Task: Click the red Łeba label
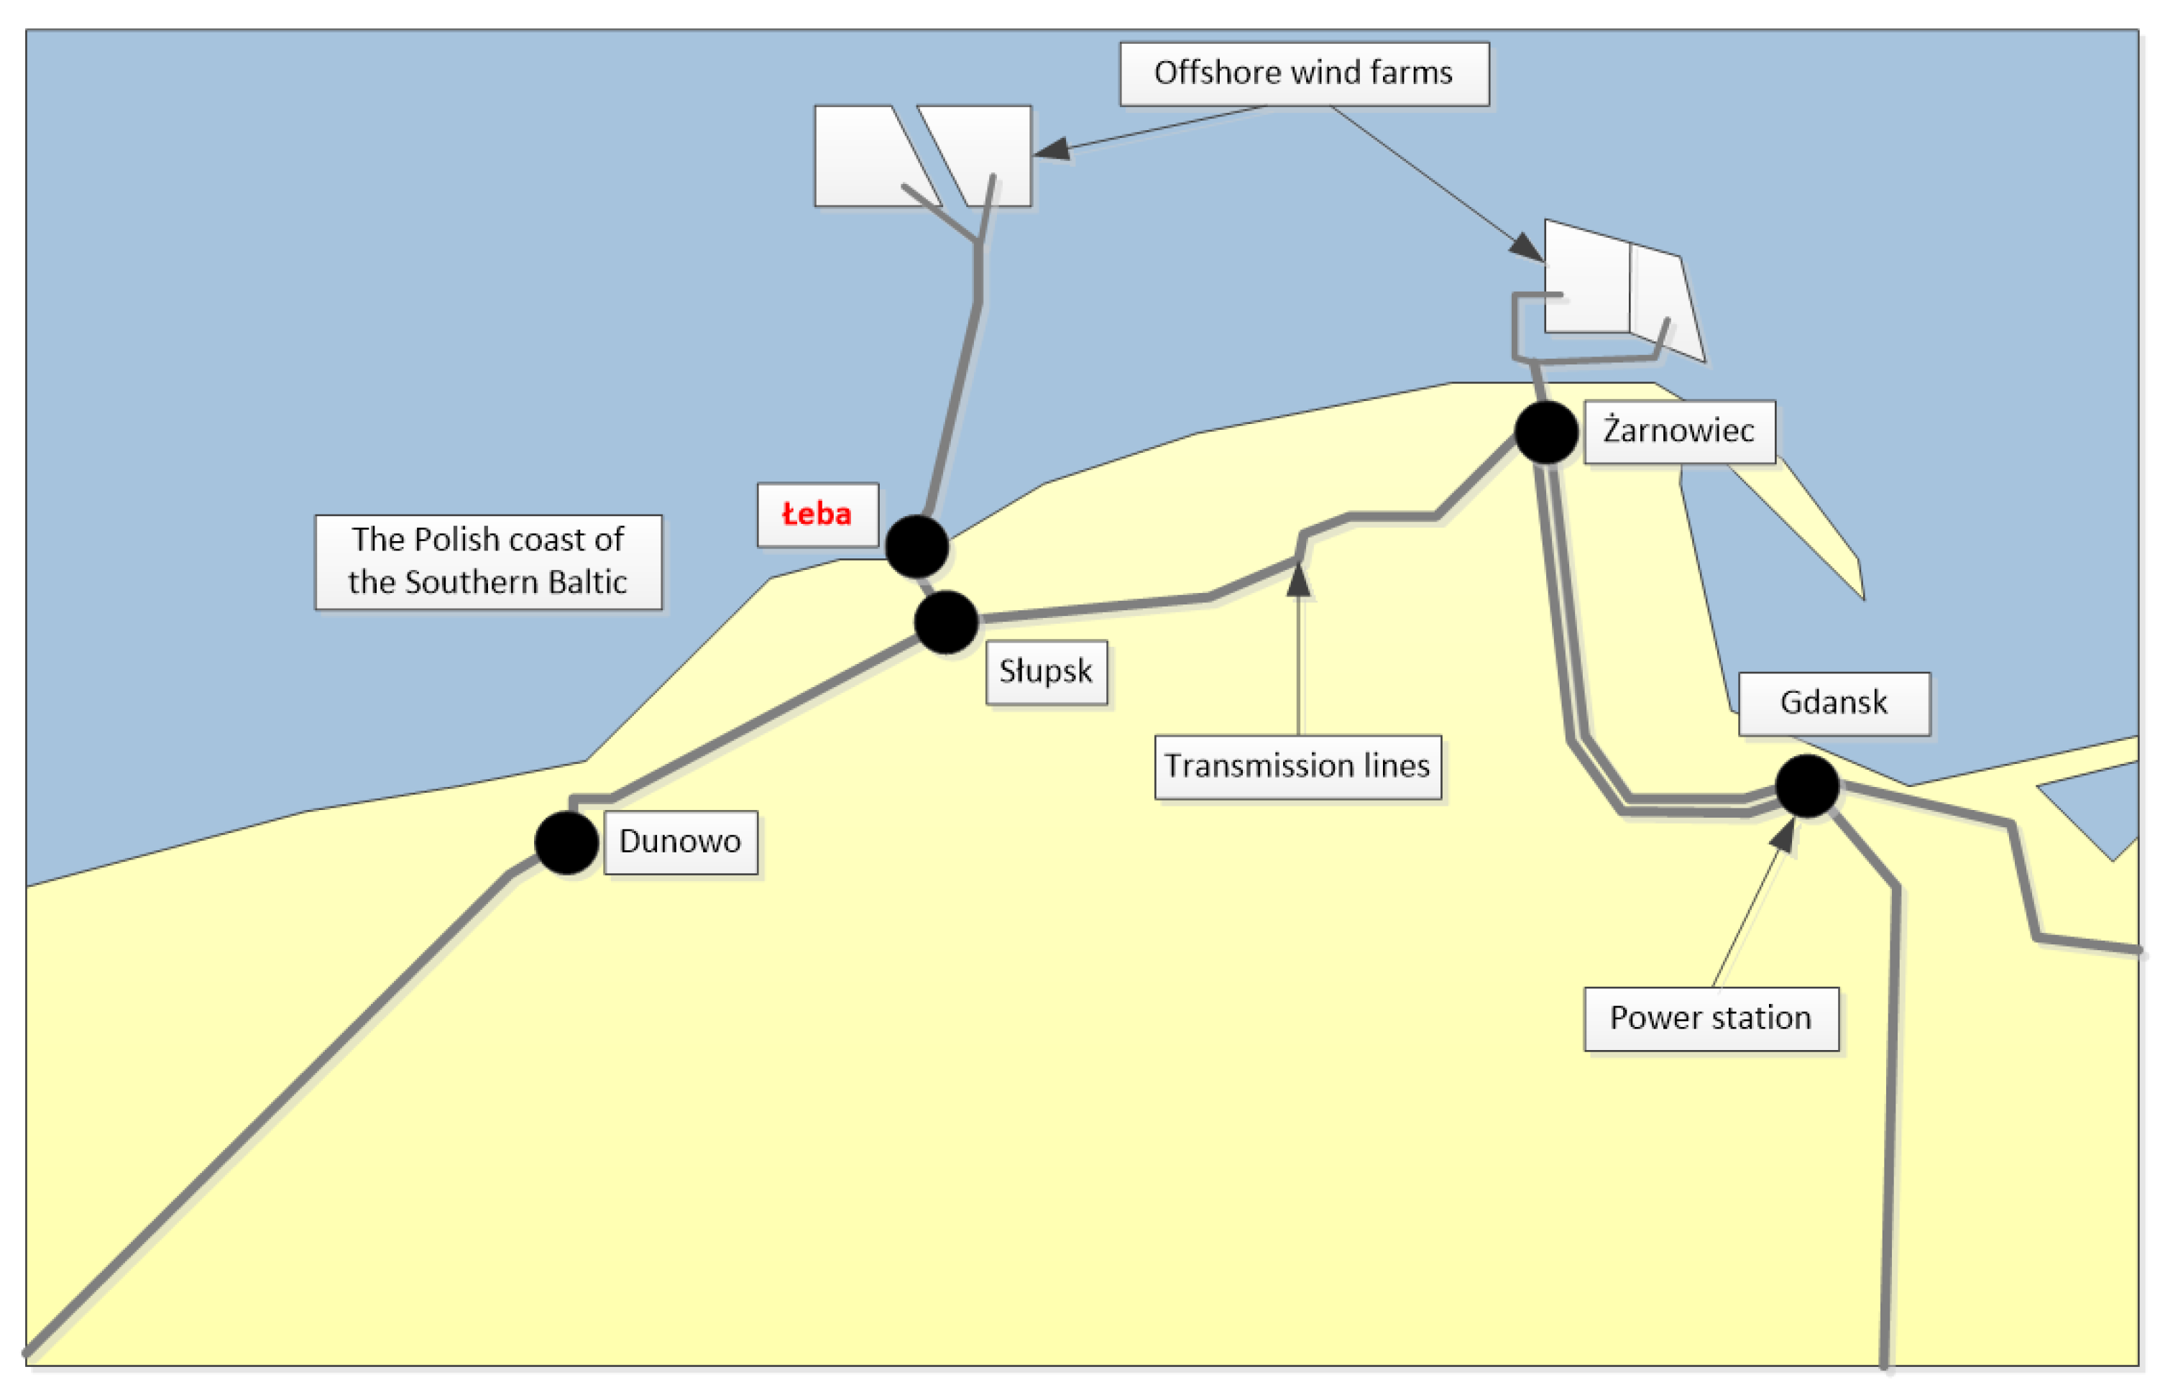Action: (x=817, y=515)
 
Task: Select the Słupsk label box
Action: (x=1046, y=671)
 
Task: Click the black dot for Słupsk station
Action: (x=945, y=622)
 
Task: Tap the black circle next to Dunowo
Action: (x=566, y=842)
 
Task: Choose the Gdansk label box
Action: (x=1833, y=703)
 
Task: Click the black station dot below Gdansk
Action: (x=1806, y=786)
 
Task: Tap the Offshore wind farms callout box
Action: (x=1303, y=73)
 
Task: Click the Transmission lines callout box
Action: (x=1297, y=766)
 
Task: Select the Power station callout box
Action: (x=1710, y=1018)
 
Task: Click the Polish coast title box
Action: (x=487, y=561)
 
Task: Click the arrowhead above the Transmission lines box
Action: (x=1297, y=580)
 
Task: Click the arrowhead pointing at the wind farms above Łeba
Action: (x=1052, y=149)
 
